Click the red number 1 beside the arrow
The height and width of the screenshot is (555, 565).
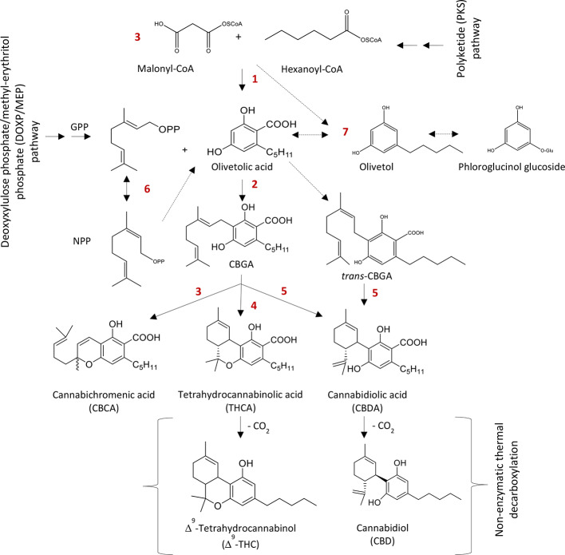point(255,81)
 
